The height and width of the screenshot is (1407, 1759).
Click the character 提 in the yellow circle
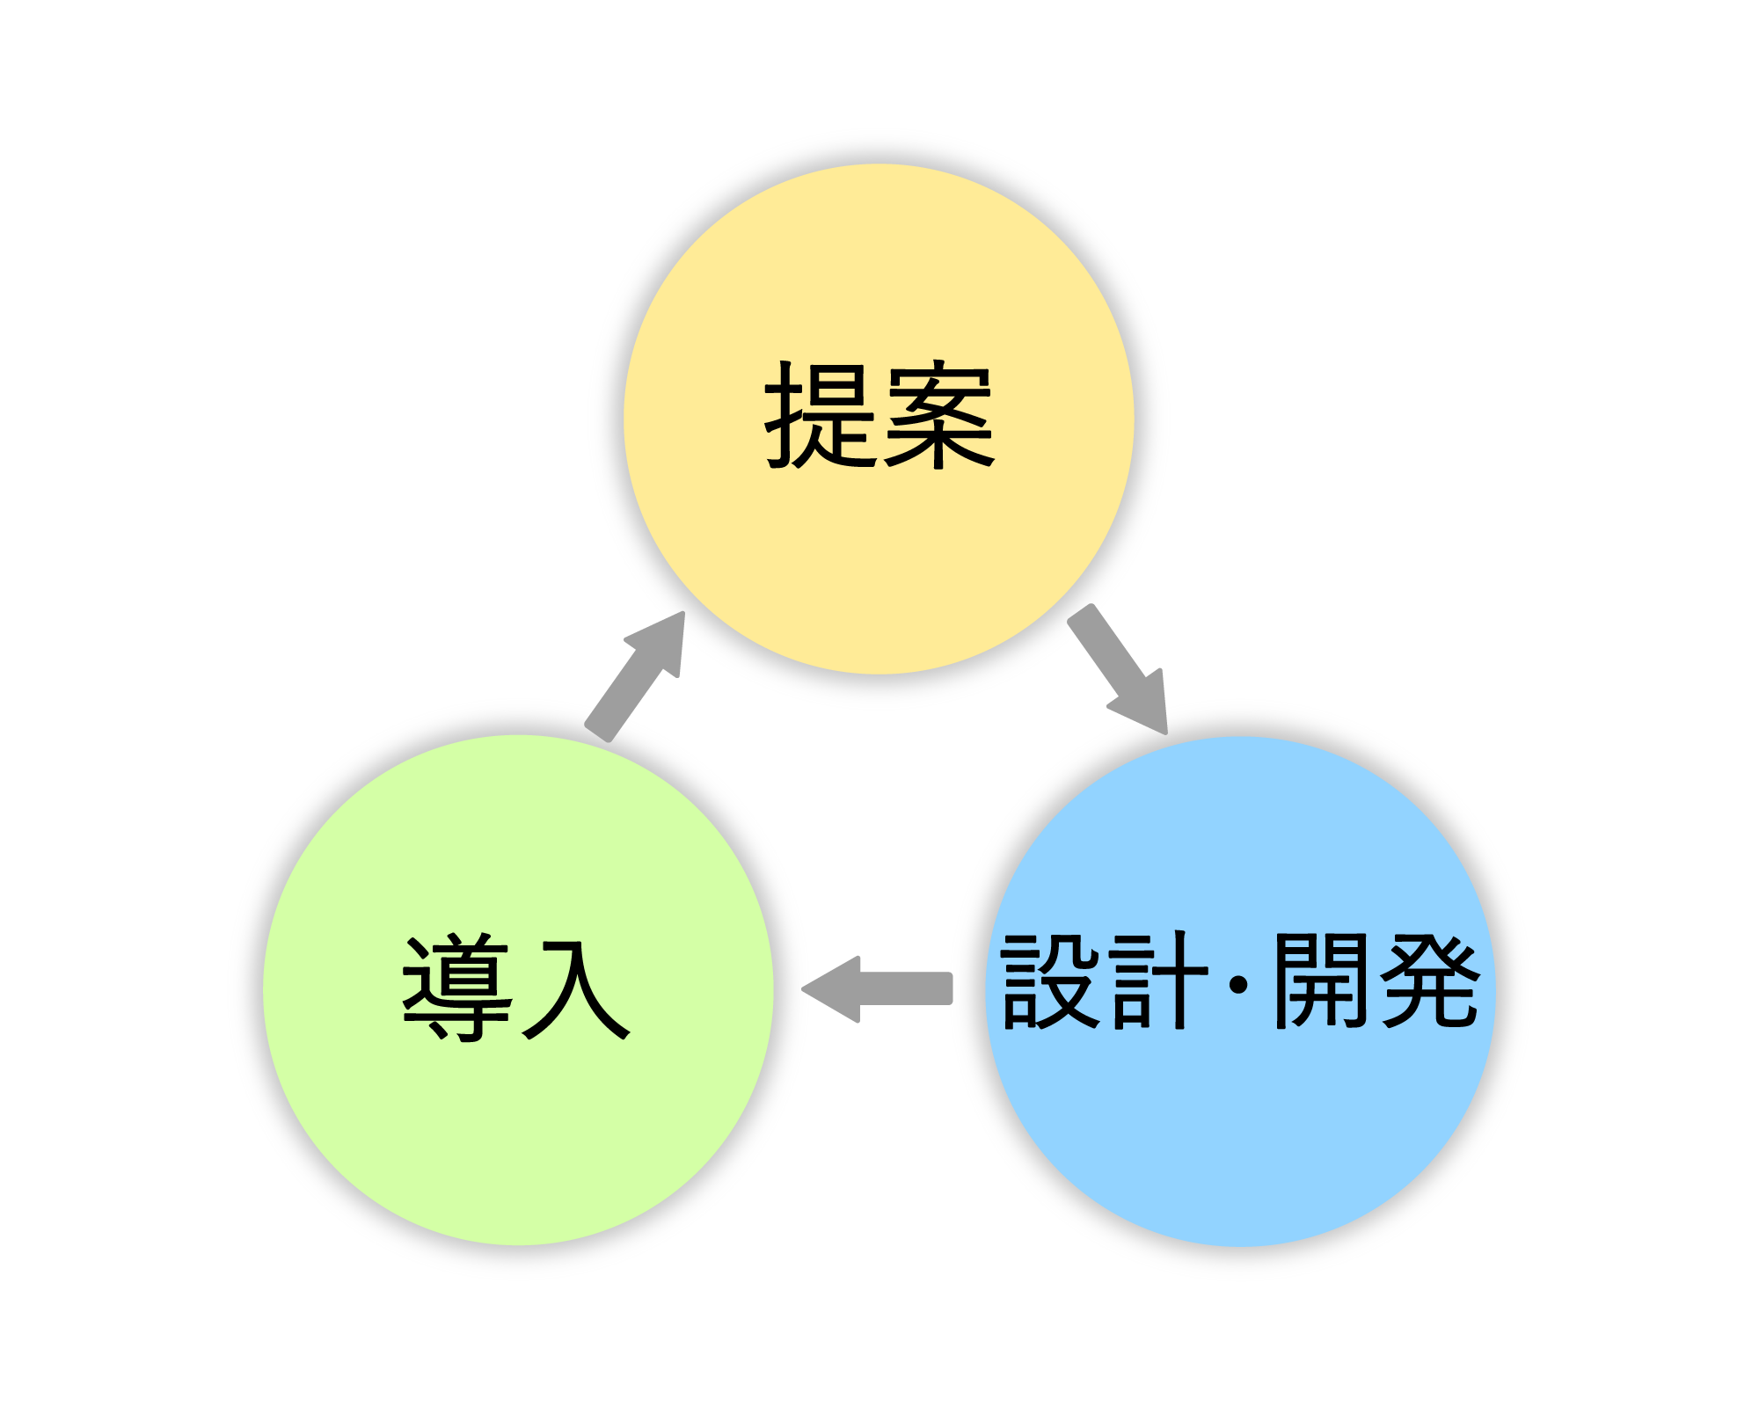point(821,414)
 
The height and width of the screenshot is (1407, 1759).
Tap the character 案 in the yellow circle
point(938,414)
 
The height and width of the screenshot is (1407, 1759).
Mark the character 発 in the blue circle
point(1429,980)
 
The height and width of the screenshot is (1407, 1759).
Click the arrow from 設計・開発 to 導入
point(897,988)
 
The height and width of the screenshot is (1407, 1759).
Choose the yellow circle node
point(879,545)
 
